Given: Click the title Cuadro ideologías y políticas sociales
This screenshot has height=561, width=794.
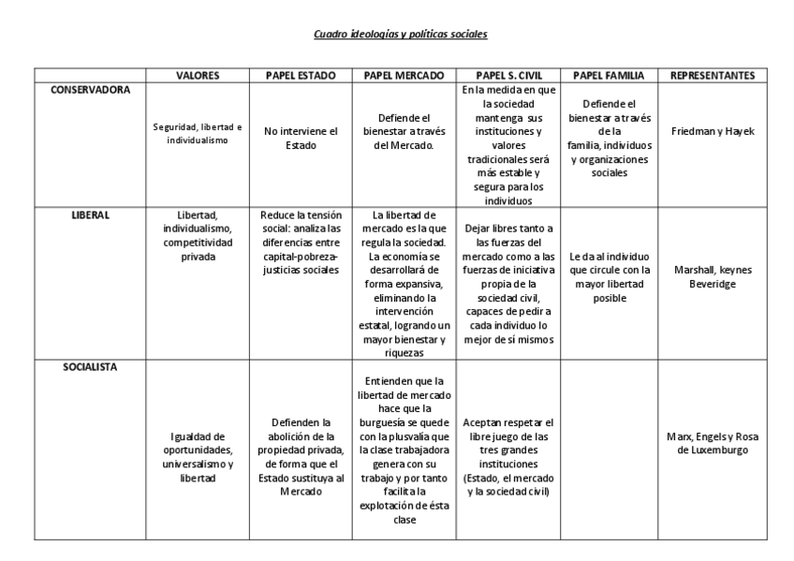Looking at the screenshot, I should point(400,35).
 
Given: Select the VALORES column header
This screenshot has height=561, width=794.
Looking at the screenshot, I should point(198,76).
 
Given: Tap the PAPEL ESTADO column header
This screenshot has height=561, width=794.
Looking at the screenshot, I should point(301,76).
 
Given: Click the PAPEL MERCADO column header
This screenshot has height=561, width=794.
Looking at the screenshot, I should point(403,76).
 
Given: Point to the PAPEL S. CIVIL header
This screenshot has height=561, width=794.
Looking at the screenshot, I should point(508,76).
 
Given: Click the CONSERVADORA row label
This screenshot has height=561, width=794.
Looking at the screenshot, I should point(91,90).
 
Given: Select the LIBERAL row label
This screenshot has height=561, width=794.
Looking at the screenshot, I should point(91,214).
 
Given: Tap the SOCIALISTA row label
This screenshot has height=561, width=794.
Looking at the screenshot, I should point(91,366).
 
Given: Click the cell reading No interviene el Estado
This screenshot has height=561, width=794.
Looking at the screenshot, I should point(301,139).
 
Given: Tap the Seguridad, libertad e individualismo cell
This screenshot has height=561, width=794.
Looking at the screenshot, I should point(198,132).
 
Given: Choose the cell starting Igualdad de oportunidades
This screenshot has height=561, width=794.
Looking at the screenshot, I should point(198,456).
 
